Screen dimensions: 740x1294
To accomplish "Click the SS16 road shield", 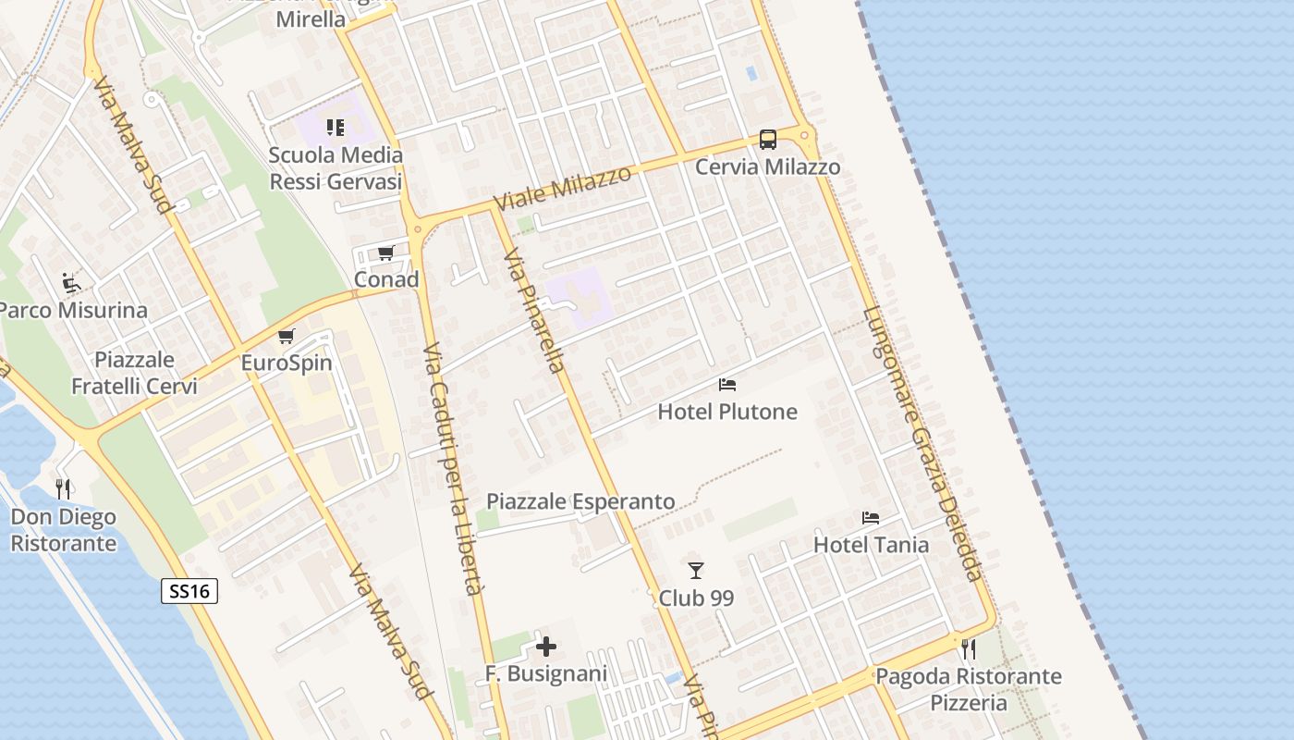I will pos(189,591).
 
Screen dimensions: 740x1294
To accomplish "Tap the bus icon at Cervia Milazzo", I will pos(767,140).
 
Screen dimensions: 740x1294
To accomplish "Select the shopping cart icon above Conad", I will pos(386,253).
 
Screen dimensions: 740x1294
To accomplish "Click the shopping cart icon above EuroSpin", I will pos(287,336).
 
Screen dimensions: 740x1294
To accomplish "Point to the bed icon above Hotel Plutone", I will pos(727,385).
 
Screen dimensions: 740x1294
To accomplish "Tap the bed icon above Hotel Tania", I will pos(870,518).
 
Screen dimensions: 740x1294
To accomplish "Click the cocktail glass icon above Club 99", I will pos(696,571).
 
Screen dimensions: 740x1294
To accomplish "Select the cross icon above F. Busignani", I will pos(546,647).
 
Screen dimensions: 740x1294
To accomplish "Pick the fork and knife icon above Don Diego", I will pos(63,488).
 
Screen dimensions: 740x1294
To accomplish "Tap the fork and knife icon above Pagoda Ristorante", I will pos(968,648).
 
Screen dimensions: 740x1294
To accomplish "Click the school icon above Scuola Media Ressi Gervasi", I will pos(336,127).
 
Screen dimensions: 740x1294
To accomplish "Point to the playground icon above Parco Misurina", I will pos(71,282).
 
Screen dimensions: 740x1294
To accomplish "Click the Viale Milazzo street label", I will pos(562,188).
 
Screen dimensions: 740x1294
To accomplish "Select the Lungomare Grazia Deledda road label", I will pos(922,444).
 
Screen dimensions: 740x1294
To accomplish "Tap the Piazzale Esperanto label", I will pos(580,501).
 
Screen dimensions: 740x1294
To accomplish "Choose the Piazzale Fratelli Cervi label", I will pos(135,373).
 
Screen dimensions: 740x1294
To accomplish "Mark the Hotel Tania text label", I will pos(871,545).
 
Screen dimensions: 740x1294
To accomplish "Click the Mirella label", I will pos(311,18).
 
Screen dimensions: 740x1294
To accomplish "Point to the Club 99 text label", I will pos(696,598).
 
